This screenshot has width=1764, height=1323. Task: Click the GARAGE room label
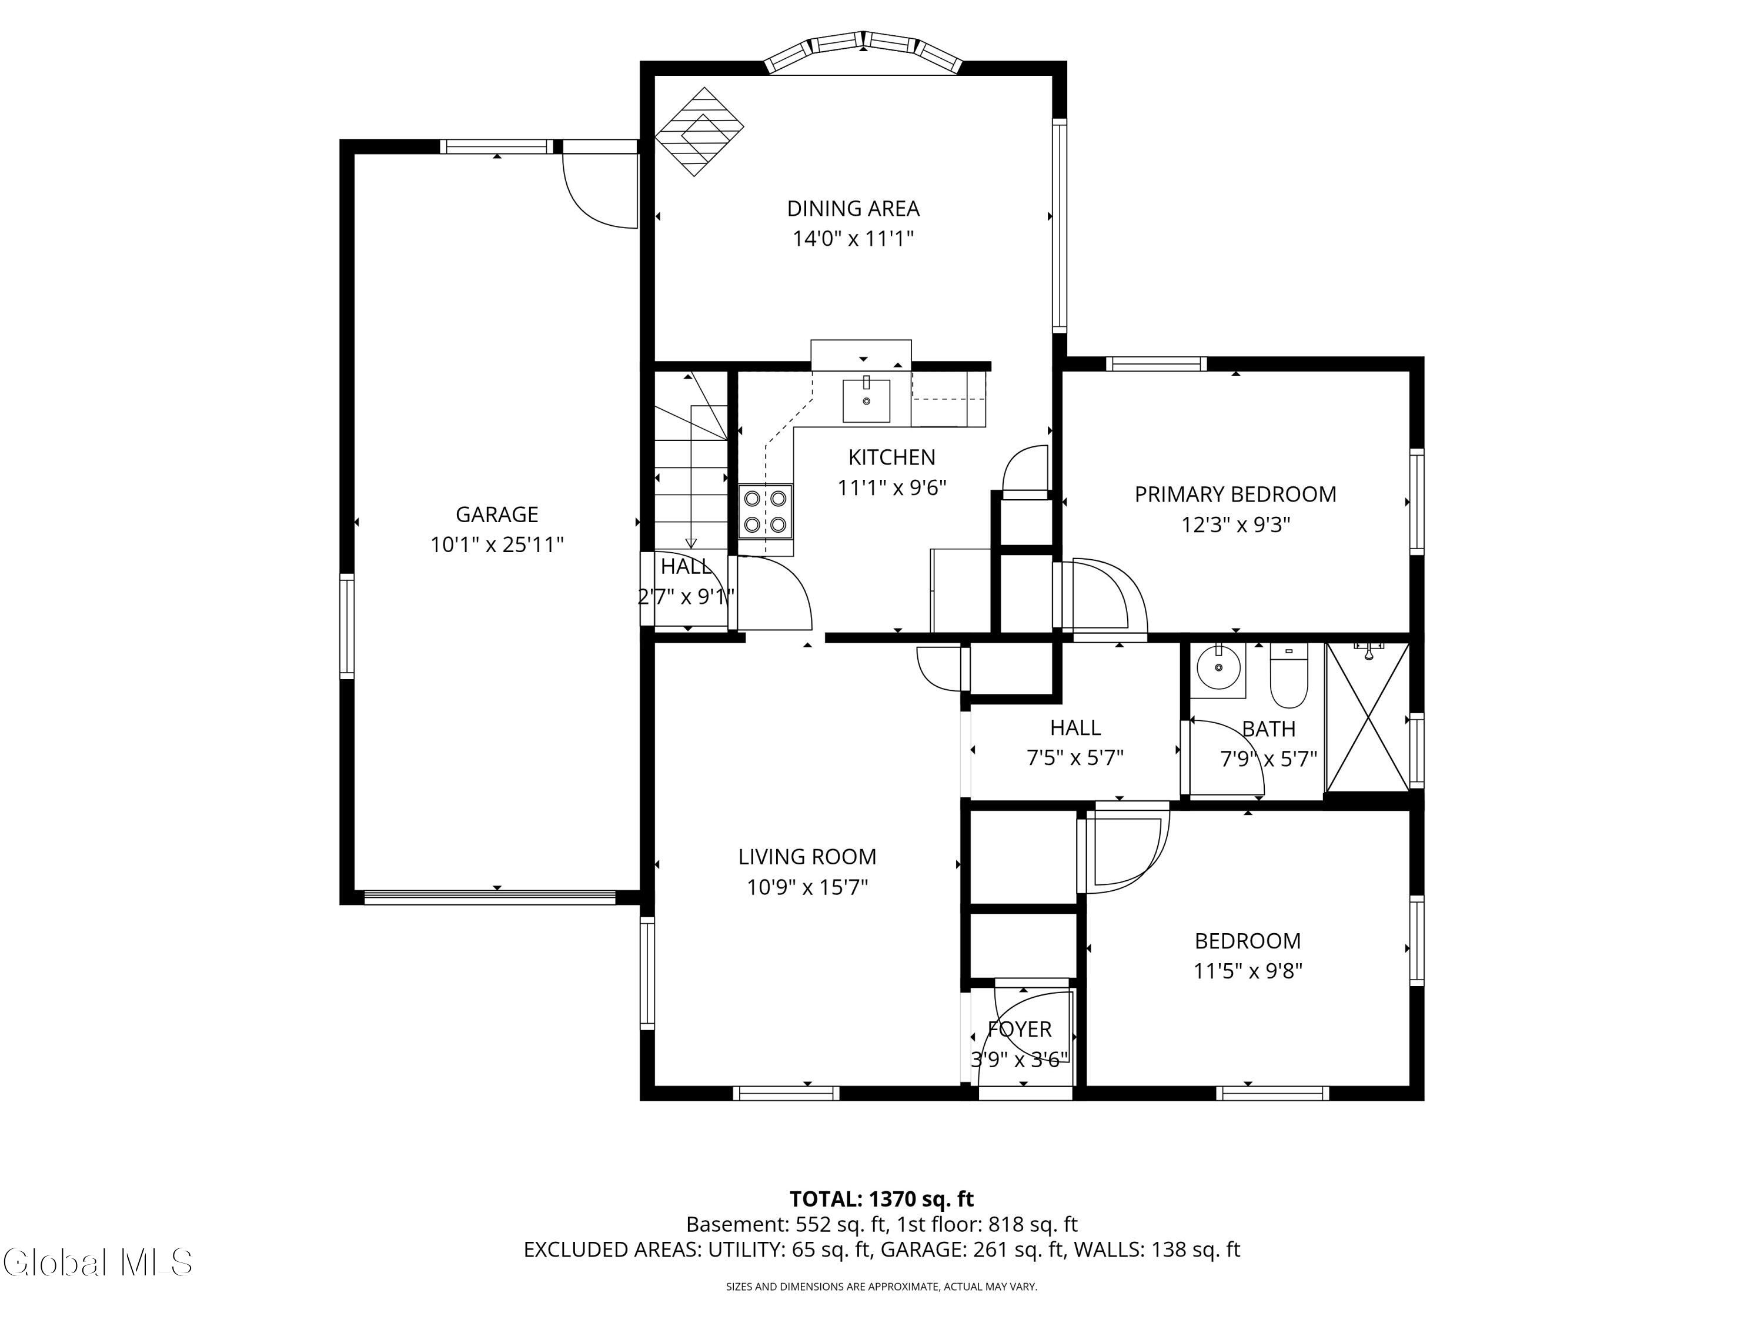[497, 514]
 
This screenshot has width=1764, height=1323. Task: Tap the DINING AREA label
[853, 209]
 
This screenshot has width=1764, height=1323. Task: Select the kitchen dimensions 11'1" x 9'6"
[891, 487]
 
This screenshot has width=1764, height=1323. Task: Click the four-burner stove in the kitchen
[766, 511]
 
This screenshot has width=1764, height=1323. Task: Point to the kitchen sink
[867, 400]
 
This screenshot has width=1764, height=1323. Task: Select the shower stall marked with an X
[1368, 718]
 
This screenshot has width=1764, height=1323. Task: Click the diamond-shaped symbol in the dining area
[699, 132]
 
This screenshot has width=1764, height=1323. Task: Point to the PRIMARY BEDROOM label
[1235, 495]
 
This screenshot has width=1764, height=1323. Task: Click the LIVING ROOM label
[807, 857]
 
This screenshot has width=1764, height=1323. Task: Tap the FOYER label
[1020, 1030]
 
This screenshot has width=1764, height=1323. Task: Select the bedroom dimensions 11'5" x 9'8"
[1248, 971]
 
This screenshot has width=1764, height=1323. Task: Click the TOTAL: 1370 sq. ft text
[881, 1200]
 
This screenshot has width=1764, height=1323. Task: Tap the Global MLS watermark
[97, 1262]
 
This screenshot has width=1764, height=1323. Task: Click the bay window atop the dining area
[864, 53]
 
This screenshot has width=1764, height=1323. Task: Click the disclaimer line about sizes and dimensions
[881, 1287]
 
